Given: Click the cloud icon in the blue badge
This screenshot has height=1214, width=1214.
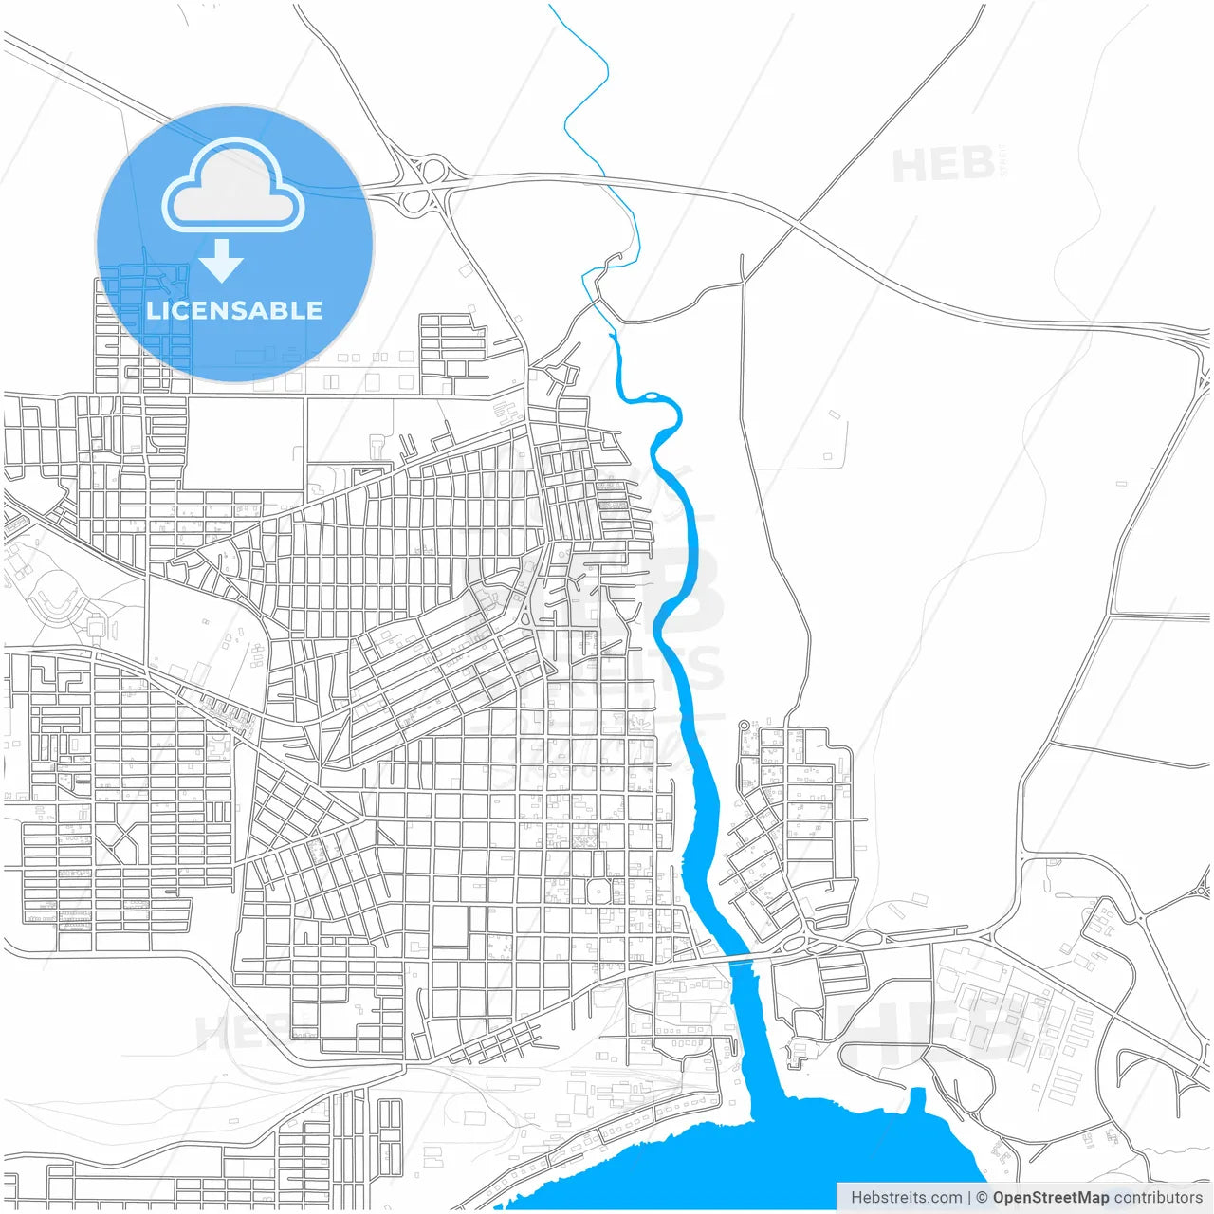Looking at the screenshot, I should click(233, 186).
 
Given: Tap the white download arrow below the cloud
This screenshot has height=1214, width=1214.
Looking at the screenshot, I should click(222, 261).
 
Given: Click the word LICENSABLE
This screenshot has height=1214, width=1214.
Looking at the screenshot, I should click(234, 310).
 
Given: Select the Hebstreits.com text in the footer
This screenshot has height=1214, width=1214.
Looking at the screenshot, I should click(906, 1198).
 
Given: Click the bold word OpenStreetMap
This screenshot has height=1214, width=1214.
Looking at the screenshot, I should click(1050, 1198).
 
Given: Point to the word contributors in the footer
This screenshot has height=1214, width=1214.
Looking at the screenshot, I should click(1157, 1198).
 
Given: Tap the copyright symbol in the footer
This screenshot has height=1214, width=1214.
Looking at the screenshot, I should click(982, 1198).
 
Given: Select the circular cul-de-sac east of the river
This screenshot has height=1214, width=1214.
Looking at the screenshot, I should click(745, 726).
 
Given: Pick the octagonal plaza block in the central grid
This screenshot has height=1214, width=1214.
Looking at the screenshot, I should click(598, 892).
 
